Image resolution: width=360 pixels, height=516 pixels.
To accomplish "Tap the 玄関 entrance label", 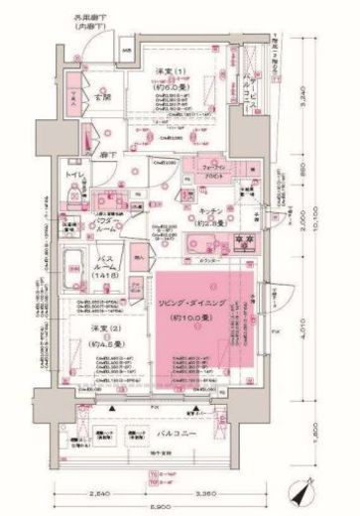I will click(100, 97).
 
